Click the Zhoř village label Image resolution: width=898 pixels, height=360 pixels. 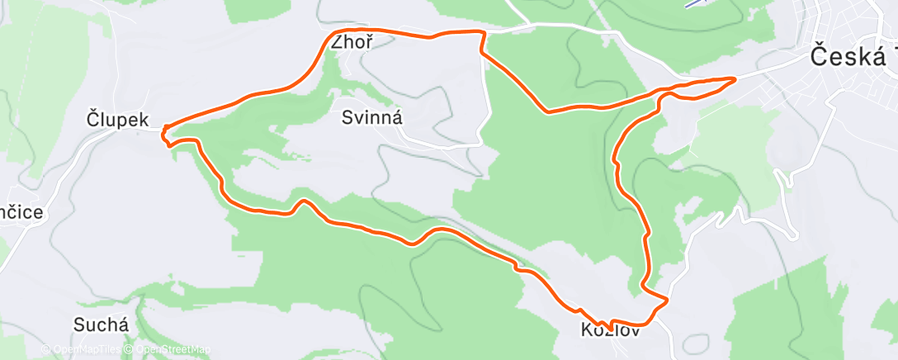point(347,45)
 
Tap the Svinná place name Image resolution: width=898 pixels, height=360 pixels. point(371,118)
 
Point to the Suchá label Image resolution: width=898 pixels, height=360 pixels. point(101,324)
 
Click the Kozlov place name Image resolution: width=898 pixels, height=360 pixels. point(610,330)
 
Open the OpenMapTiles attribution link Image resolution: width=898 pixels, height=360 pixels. point(81,350)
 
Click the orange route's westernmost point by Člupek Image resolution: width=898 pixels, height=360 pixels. point(163,129)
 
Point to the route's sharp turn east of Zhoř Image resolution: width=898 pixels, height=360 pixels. point(481,33)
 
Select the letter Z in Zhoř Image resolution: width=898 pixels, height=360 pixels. point(335,45)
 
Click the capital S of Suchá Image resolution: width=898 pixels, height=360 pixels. point(80,324)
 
